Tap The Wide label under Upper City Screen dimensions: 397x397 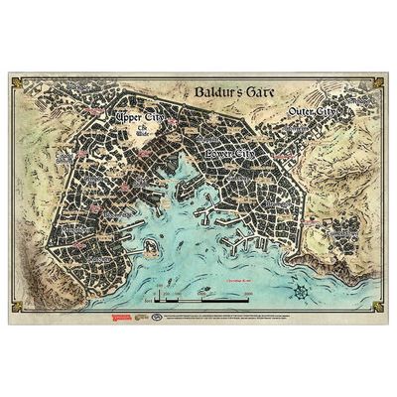142,133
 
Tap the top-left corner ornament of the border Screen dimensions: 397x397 14,78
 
